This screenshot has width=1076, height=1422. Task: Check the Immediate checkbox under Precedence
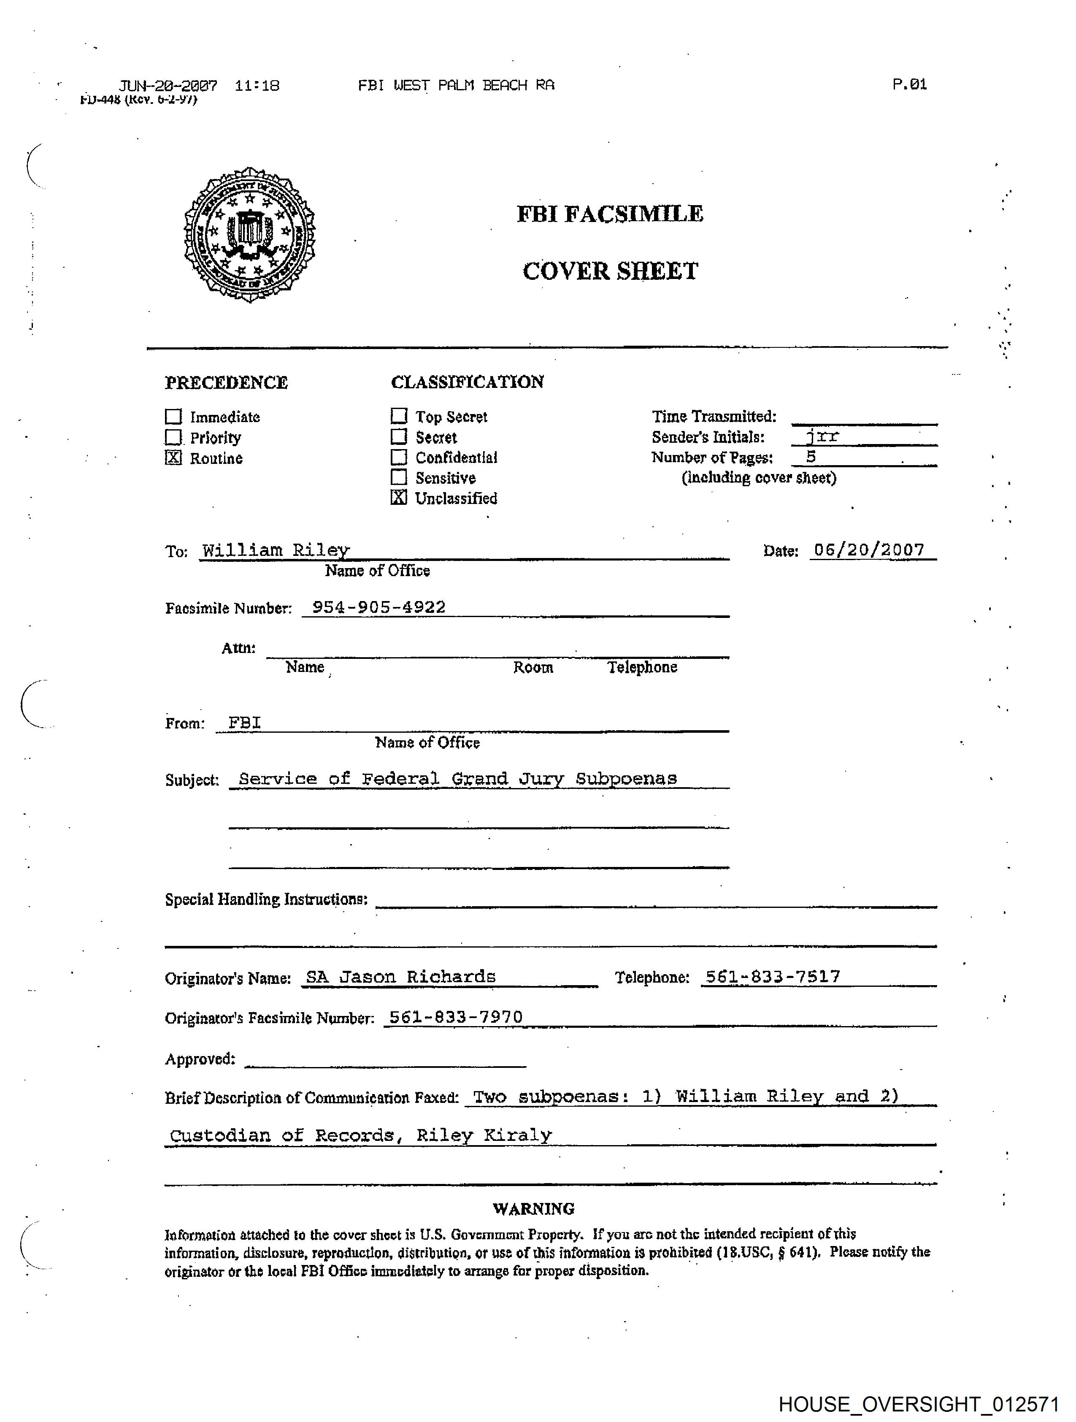173,417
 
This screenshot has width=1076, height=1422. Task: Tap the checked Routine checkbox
173,458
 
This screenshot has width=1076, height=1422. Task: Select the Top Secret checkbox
399,416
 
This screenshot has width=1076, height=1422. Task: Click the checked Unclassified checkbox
399,498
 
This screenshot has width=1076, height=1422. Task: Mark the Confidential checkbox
399,457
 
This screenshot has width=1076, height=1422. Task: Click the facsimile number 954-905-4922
378,607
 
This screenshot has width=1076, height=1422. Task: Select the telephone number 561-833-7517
773,977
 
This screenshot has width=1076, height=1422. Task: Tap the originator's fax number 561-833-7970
456,1016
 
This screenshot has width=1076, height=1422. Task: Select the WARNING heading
533,1208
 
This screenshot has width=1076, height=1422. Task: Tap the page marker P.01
909,84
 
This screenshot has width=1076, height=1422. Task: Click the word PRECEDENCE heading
226,382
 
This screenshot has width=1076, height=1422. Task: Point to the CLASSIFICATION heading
467,382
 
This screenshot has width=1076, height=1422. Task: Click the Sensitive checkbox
399,477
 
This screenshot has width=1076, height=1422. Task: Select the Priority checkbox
173,437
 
